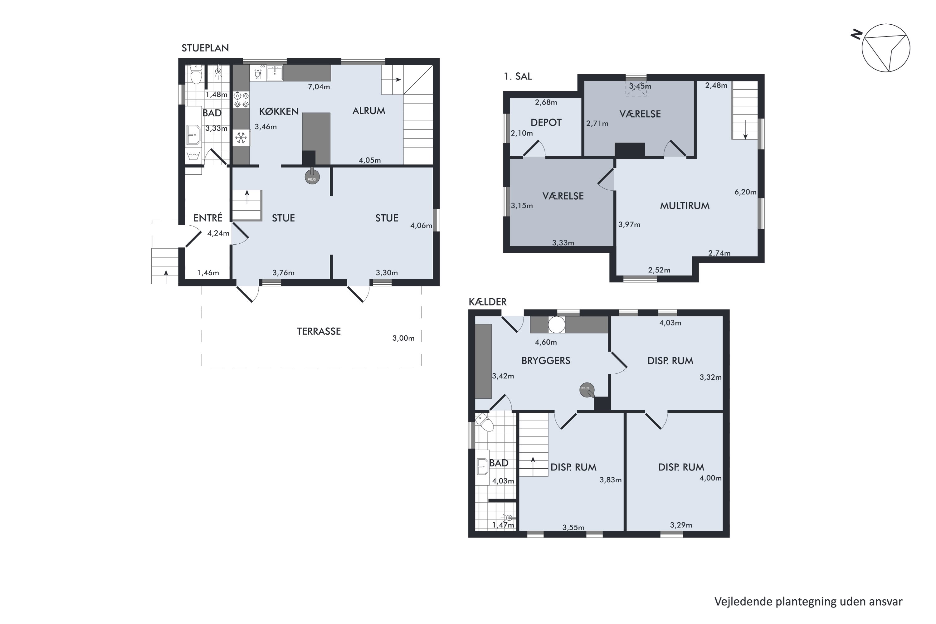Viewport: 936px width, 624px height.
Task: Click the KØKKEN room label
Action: [x=279, y=111]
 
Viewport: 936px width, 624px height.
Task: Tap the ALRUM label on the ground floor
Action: [x=368, y=111]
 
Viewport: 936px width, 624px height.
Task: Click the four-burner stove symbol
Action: [x=241, y=100]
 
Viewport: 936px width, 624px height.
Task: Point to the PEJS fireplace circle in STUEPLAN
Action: [x=312, y=177]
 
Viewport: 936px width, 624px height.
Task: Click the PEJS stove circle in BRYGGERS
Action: [x=587, y=390]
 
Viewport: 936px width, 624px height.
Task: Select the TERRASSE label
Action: [x=319, y=331]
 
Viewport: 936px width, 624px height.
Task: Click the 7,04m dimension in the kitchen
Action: [x=319, y=87]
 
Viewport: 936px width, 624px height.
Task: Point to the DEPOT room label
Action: [x=546, y=123]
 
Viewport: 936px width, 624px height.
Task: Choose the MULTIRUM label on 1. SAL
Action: [x=685, y=206]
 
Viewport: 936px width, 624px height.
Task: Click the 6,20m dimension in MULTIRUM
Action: [x=745, y=192]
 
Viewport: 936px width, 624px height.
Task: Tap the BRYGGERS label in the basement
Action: [x=546, y=361]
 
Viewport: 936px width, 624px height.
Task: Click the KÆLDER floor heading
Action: [x=487, y=302]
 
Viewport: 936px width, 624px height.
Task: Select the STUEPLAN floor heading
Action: [x=205, y=48]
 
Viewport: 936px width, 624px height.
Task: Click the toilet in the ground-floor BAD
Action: [x=196, y=75]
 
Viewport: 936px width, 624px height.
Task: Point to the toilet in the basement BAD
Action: [x=485, y=422]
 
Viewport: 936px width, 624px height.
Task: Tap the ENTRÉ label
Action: [x=208, y=218]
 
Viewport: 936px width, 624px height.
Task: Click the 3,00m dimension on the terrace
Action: [x=403, y=338]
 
